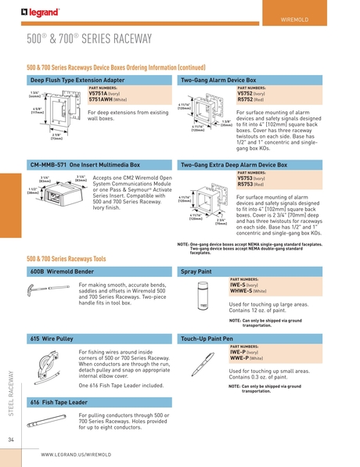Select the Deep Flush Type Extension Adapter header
pyautogui.click(x=77, y=80)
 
